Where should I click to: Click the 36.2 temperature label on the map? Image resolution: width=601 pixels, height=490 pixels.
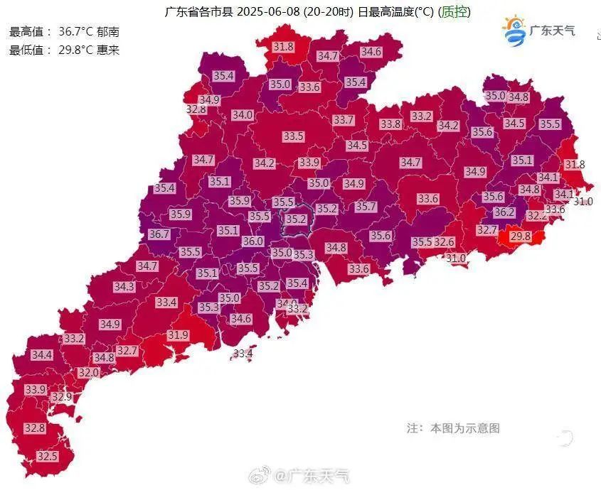pos(504,212)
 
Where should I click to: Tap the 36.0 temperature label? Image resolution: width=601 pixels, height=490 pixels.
pos(252,241)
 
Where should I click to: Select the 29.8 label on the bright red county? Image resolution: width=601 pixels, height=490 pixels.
pos(521,236)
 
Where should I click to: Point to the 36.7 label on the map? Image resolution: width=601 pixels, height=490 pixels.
pos(159,234)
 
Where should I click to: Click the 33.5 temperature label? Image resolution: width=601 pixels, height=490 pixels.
pos(293,136)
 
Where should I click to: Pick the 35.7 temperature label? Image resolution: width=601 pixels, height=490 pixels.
pos(366,207)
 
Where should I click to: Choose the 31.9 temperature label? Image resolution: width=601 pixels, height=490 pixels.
pos(178,335)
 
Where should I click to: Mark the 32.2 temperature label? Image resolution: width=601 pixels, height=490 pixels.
pos(537,215)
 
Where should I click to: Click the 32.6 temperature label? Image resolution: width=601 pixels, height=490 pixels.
pos(444,242)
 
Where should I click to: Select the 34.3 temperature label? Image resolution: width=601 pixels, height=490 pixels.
pos(124,287)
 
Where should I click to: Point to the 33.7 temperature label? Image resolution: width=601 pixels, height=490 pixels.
pos(344,120)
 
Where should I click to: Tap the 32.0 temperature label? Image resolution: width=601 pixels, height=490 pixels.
pos(89,372)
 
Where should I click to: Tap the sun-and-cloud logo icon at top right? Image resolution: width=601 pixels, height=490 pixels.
pos(513,30)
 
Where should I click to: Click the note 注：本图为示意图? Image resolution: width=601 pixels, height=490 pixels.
pos(453,428)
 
